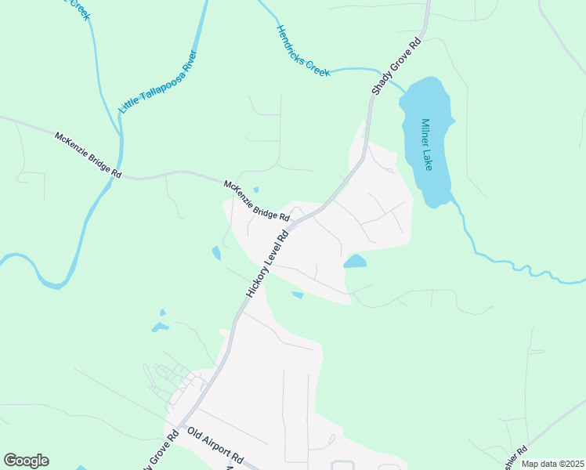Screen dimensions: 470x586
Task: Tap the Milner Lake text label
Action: tap(427, 144)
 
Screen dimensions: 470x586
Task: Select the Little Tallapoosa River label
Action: tap(157, 81)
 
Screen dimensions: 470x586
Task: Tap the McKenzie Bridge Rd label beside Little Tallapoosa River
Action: tap(89, 155)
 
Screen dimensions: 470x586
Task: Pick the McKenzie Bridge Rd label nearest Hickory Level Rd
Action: tap(257, 201)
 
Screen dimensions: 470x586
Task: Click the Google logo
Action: tap(26, 461)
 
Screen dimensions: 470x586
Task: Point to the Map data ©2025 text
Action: tap(552, 464)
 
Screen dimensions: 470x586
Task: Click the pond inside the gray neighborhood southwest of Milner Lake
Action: tap(355, 262)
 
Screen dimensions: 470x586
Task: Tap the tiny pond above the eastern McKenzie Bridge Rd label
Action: tap(255, 190)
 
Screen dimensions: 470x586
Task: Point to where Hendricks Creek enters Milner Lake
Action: tap(404, 88)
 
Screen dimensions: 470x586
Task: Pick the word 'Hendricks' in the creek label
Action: tap(291, 42)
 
